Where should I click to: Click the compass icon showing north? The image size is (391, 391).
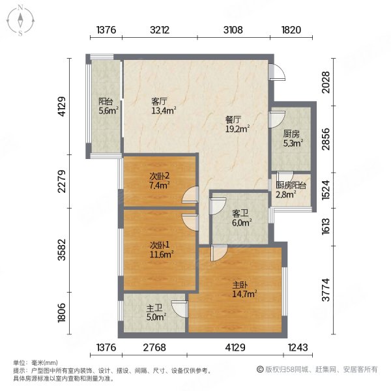(x=21, y=20)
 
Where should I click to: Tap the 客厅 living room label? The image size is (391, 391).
(x=160, y=106)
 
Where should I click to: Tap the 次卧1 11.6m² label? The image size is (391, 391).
(x=159, y=250)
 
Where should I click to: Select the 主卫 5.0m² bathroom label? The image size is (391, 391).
(x=155, y=315)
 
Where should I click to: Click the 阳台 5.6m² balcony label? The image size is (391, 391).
(x=108, y=106)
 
